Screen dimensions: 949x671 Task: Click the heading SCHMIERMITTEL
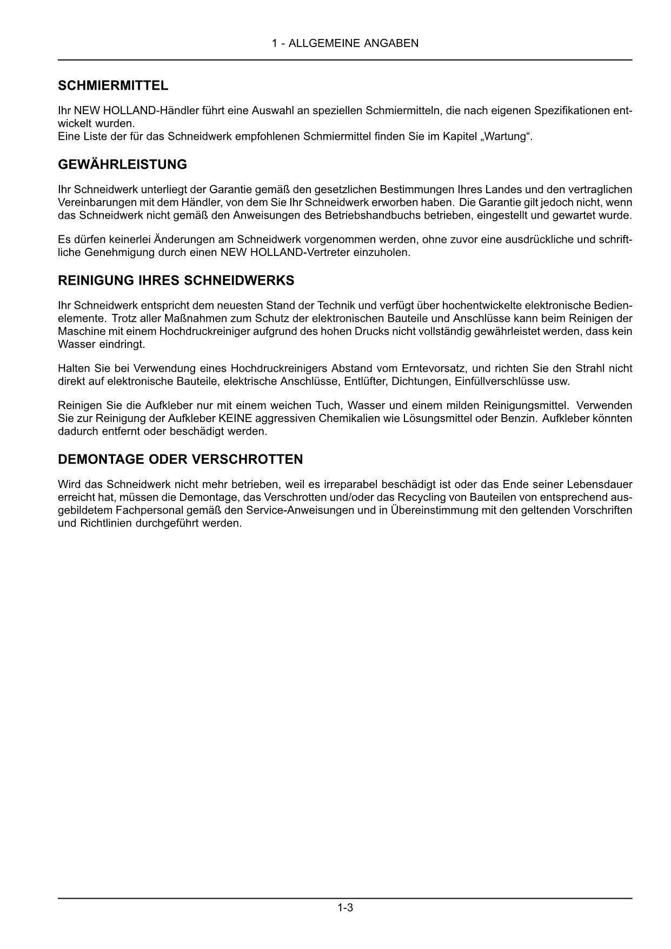113,85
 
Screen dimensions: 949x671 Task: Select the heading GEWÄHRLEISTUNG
122,164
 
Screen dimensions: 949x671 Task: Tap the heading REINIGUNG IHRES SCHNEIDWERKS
176,280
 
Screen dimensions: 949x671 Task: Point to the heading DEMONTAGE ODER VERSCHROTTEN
180,459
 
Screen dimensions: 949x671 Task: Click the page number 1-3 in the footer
345,907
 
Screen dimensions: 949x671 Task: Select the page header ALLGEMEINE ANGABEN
354,43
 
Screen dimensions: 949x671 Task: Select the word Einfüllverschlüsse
502,381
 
